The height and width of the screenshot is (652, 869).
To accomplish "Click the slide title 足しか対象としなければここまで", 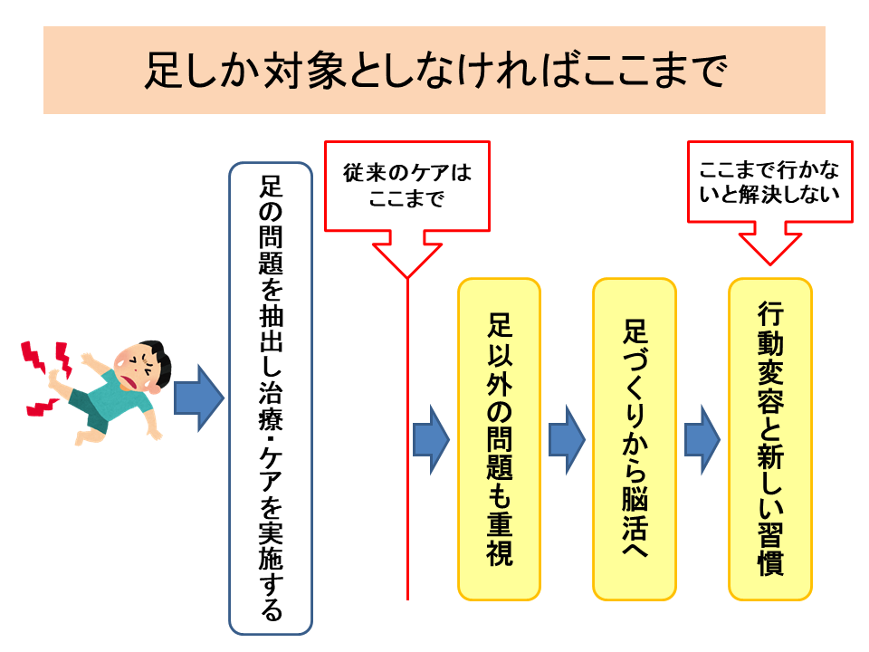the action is pyautogui.click(x=434, y=70).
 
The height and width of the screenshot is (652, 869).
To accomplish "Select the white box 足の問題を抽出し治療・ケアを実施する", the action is pyautogui.click(x=271, y=398).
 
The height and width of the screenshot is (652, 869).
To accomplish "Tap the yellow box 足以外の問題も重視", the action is pyautogui.click(x=499, y=439).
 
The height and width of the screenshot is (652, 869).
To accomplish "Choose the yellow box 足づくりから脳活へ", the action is pyautogui.click(x=635, y=439).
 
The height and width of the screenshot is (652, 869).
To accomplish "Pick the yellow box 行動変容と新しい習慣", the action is pyautogui.click(x=770, y=439).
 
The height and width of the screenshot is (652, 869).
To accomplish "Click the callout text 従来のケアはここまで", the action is pyautogui.click(x=407, y=185).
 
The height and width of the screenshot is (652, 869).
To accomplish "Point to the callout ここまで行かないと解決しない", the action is pyautogui.click(x=769, y=182).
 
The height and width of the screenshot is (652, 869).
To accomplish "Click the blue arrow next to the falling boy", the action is pyautogui.click(x=199, y=398).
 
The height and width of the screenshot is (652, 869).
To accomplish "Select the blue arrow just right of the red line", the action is pyautogui.click(x=431, y=440).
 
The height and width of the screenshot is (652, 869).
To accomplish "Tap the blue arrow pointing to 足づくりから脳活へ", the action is pyautogui.click(x=567, y=440).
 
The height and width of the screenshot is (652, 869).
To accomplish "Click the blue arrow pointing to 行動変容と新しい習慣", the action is pyautogui.click(x=702, y=440).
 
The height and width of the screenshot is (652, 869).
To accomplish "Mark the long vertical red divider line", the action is pyautogui.click(x=407, y=438).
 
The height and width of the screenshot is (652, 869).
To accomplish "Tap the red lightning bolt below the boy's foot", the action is pyautogui.click(x=43, y=407).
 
